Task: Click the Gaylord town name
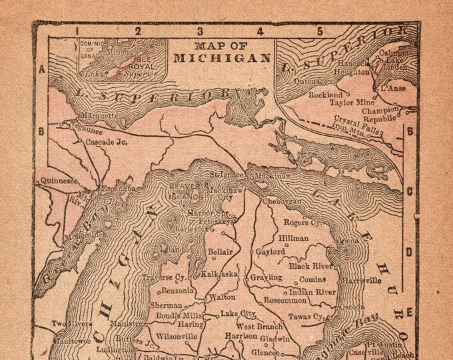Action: (x=271, y=253)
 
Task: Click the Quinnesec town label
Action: (x=59, y=179)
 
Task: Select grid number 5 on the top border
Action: (x=320, y=29)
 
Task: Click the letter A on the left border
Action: (x=41, y=69)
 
